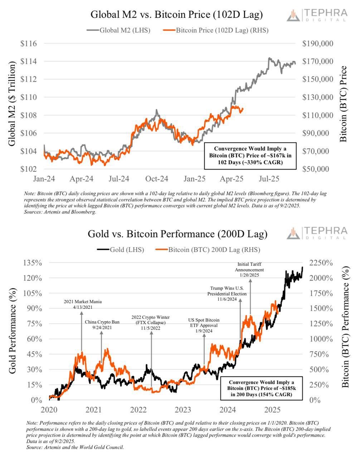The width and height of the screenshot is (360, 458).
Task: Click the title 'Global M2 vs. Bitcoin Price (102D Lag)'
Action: coord(176,15)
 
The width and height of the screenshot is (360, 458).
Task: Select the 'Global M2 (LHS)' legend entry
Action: coord(118,30)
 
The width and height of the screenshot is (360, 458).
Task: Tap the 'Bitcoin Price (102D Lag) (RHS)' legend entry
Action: coord(216,30)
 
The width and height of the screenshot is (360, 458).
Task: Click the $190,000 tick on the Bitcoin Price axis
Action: coord(317,44)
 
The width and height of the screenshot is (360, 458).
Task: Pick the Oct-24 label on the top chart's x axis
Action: coord(156,178)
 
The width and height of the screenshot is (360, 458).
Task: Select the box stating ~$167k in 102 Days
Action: coord(250,156)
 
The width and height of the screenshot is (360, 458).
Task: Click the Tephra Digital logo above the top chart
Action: coord(317,15)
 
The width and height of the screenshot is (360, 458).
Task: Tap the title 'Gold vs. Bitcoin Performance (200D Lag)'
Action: coord(177,234)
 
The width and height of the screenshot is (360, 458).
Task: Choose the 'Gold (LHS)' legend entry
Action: coord(121,250)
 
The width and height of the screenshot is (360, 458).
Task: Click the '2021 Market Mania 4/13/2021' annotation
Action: coord(81,304)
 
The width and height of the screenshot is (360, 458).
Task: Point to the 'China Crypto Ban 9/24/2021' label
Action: coord(102,325)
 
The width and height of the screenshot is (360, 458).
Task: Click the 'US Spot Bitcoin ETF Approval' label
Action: coord(204,325)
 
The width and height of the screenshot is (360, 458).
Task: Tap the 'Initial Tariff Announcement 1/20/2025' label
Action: coord(249,269)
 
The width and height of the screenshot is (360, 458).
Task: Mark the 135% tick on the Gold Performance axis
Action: coord(33,263)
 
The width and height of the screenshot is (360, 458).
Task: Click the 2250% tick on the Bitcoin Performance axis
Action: coord(321,263)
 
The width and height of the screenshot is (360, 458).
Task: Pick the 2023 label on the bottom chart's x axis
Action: coord(183,409)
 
